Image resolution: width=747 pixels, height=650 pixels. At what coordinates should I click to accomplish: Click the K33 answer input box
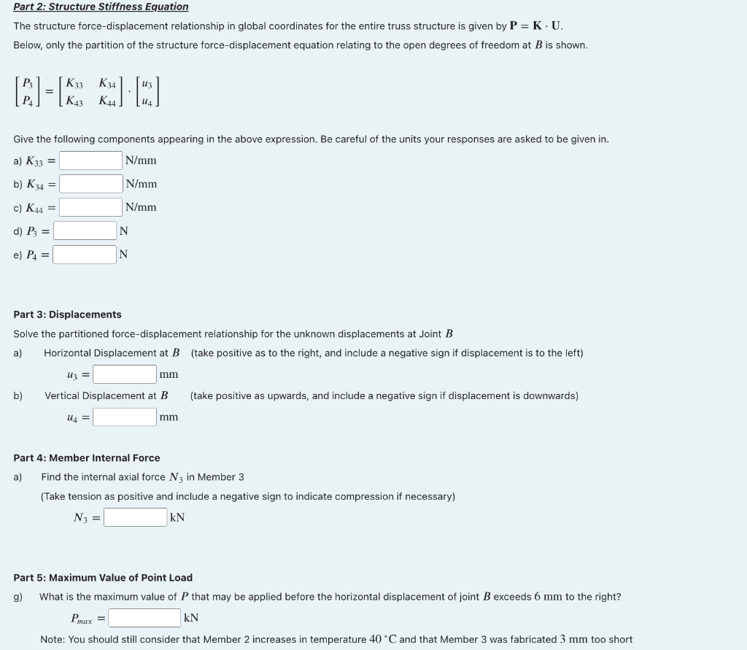pyautogui.click(x=90, y=160)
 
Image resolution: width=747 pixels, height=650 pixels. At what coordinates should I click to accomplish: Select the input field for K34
pyautogui.click(x=91, y=184)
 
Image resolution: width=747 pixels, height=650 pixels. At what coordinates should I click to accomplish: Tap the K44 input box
pyautogui.click(x=91, y=208)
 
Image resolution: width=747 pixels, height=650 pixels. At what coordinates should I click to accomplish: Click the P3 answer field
pyautogui.click(x=85, y=231)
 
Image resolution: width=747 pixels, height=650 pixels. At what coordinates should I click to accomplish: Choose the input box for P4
pyautogui.click(x=85, y=255)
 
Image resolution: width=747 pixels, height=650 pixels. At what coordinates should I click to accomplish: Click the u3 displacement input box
pyautogui.click(x=125, y=374)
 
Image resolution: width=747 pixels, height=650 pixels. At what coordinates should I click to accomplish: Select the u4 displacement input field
pyautogui.click(x=125, y=417)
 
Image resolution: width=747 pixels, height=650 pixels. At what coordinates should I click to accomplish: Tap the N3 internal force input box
pyautogui.click(x=135, y=517)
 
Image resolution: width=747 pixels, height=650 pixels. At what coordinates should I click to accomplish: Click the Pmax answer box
pyautogui.click(x=144, y=618)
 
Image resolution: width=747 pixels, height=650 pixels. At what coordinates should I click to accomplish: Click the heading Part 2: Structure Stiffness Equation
pyautogui.click(x=101, y=7)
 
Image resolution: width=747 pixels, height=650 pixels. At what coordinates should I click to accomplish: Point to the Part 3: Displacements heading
pyautogui.click(x=67, y=314)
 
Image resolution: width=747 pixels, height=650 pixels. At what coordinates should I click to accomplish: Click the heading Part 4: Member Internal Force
pyautogui.click(x=86, y=458)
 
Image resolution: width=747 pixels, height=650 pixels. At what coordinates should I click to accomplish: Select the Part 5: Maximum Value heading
pyautogui.click(x=103, y=578)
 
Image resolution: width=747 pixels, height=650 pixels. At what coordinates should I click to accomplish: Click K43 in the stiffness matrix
pyautogui.click(x=74, y=102)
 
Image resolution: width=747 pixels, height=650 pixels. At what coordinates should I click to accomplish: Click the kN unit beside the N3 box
pyautogui.click(x=177, y=517)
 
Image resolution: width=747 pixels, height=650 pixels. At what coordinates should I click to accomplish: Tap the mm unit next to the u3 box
pyautogui.click(x=169, y=374)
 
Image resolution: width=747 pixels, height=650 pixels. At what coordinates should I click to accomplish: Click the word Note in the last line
pyautogui.click(x=52, y=639)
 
